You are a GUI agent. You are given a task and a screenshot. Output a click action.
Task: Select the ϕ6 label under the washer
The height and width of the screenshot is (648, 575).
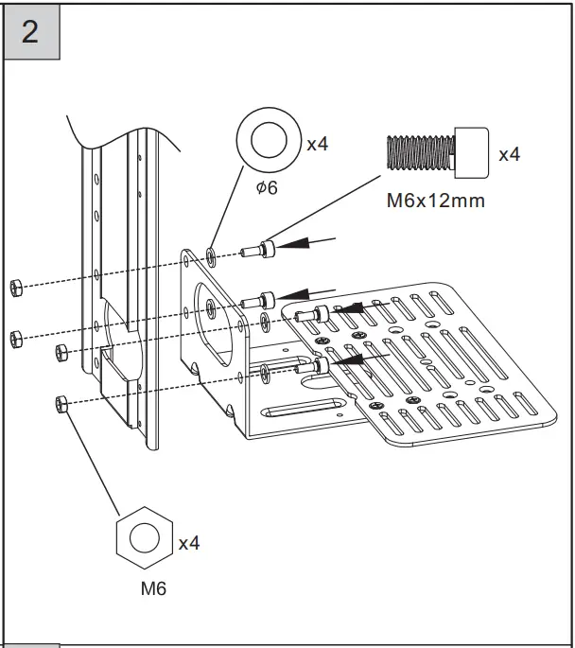tap(267, 187)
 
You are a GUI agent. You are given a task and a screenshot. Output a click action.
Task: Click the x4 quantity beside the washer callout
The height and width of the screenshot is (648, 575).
tap(317, 145)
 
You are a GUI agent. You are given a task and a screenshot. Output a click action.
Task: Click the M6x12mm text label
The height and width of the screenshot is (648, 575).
tap(436, 201)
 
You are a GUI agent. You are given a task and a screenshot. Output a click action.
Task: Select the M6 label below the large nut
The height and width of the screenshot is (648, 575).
tap(153, 588)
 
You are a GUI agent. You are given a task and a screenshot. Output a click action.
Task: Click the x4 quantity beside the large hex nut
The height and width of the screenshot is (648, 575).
tap(189, 544)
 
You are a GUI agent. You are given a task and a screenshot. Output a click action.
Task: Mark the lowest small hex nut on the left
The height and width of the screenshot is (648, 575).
tap(60, 403)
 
